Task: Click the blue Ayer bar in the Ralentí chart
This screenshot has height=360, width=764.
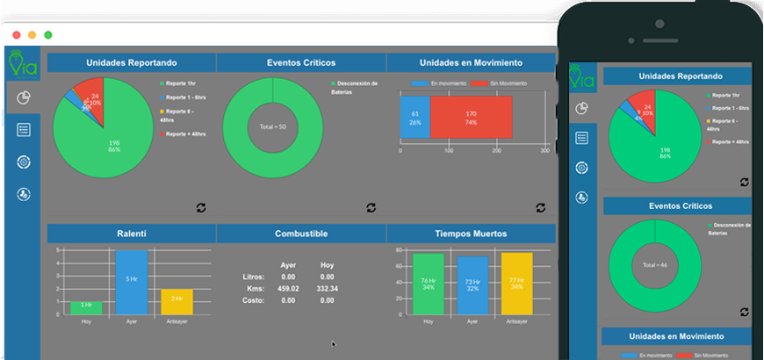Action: (131, 281)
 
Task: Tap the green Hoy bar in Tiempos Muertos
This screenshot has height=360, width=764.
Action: (429, 284)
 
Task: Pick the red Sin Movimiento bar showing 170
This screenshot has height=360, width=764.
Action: (471, 117)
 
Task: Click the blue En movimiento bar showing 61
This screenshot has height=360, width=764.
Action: (415, 117)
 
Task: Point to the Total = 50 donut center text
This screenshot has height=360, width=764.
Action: (272, 126)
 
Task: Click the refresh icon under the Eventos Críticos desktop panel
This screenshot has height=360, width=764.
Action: (371, 207)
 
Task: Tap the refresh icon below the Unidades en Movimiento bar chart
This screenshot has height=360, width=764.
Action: (540, 207)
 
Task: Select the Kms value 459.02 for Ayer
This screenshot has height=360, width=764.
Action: (288, 288)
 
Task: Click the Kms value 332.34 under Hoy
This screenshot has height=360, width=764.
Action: (327, 288)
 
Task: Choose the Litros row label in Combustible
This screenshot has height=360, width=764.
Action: (253, 277)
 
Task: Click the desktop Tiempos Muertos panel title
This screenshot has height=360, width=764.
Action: (470, 234)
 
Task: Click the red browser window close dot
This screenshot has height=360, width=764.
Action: (16, 34)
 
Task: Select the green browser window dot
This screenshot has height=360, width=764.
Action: (47, 34)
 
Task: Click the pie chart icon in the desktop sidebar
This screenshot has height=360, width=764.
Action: (24, 97)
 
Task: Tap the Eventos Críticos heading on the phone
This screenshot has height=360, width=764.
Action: (676, 206)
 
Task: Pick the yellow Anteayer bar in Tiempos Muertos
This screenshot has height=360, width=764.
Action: (516, 284)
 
